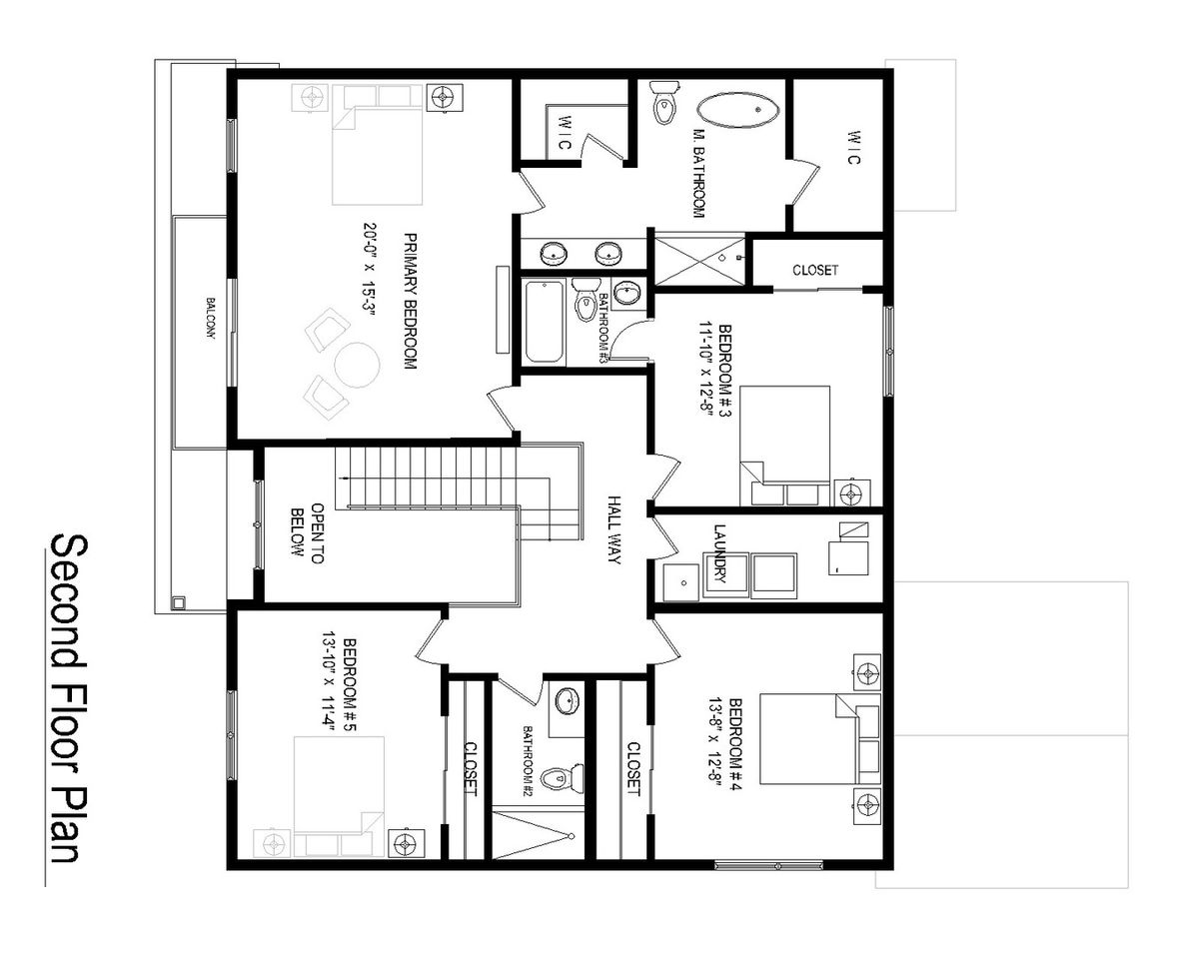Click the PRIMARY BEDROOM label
coord(410,302)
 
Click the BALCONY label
coord(211,319)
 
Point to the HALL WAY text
coord(613,529)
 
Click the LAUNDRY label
coord(719,553)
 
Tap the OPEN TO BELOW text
coord(307,533)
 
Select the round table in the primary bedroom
coord(357,365)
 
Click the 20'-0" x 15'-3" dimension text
coord(370,270)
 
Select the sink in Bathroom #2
coord(568,700)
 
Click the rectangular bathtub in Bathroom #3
coord(545,322)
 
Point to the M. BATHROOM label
coord(698,174)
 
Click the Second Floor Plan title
coord(69,700)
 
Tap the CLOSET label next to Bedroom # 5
coord(471,769)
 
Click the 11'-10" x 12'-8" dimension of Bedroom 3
coord(706,372)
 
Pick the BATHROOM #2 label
coord(528,758)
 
